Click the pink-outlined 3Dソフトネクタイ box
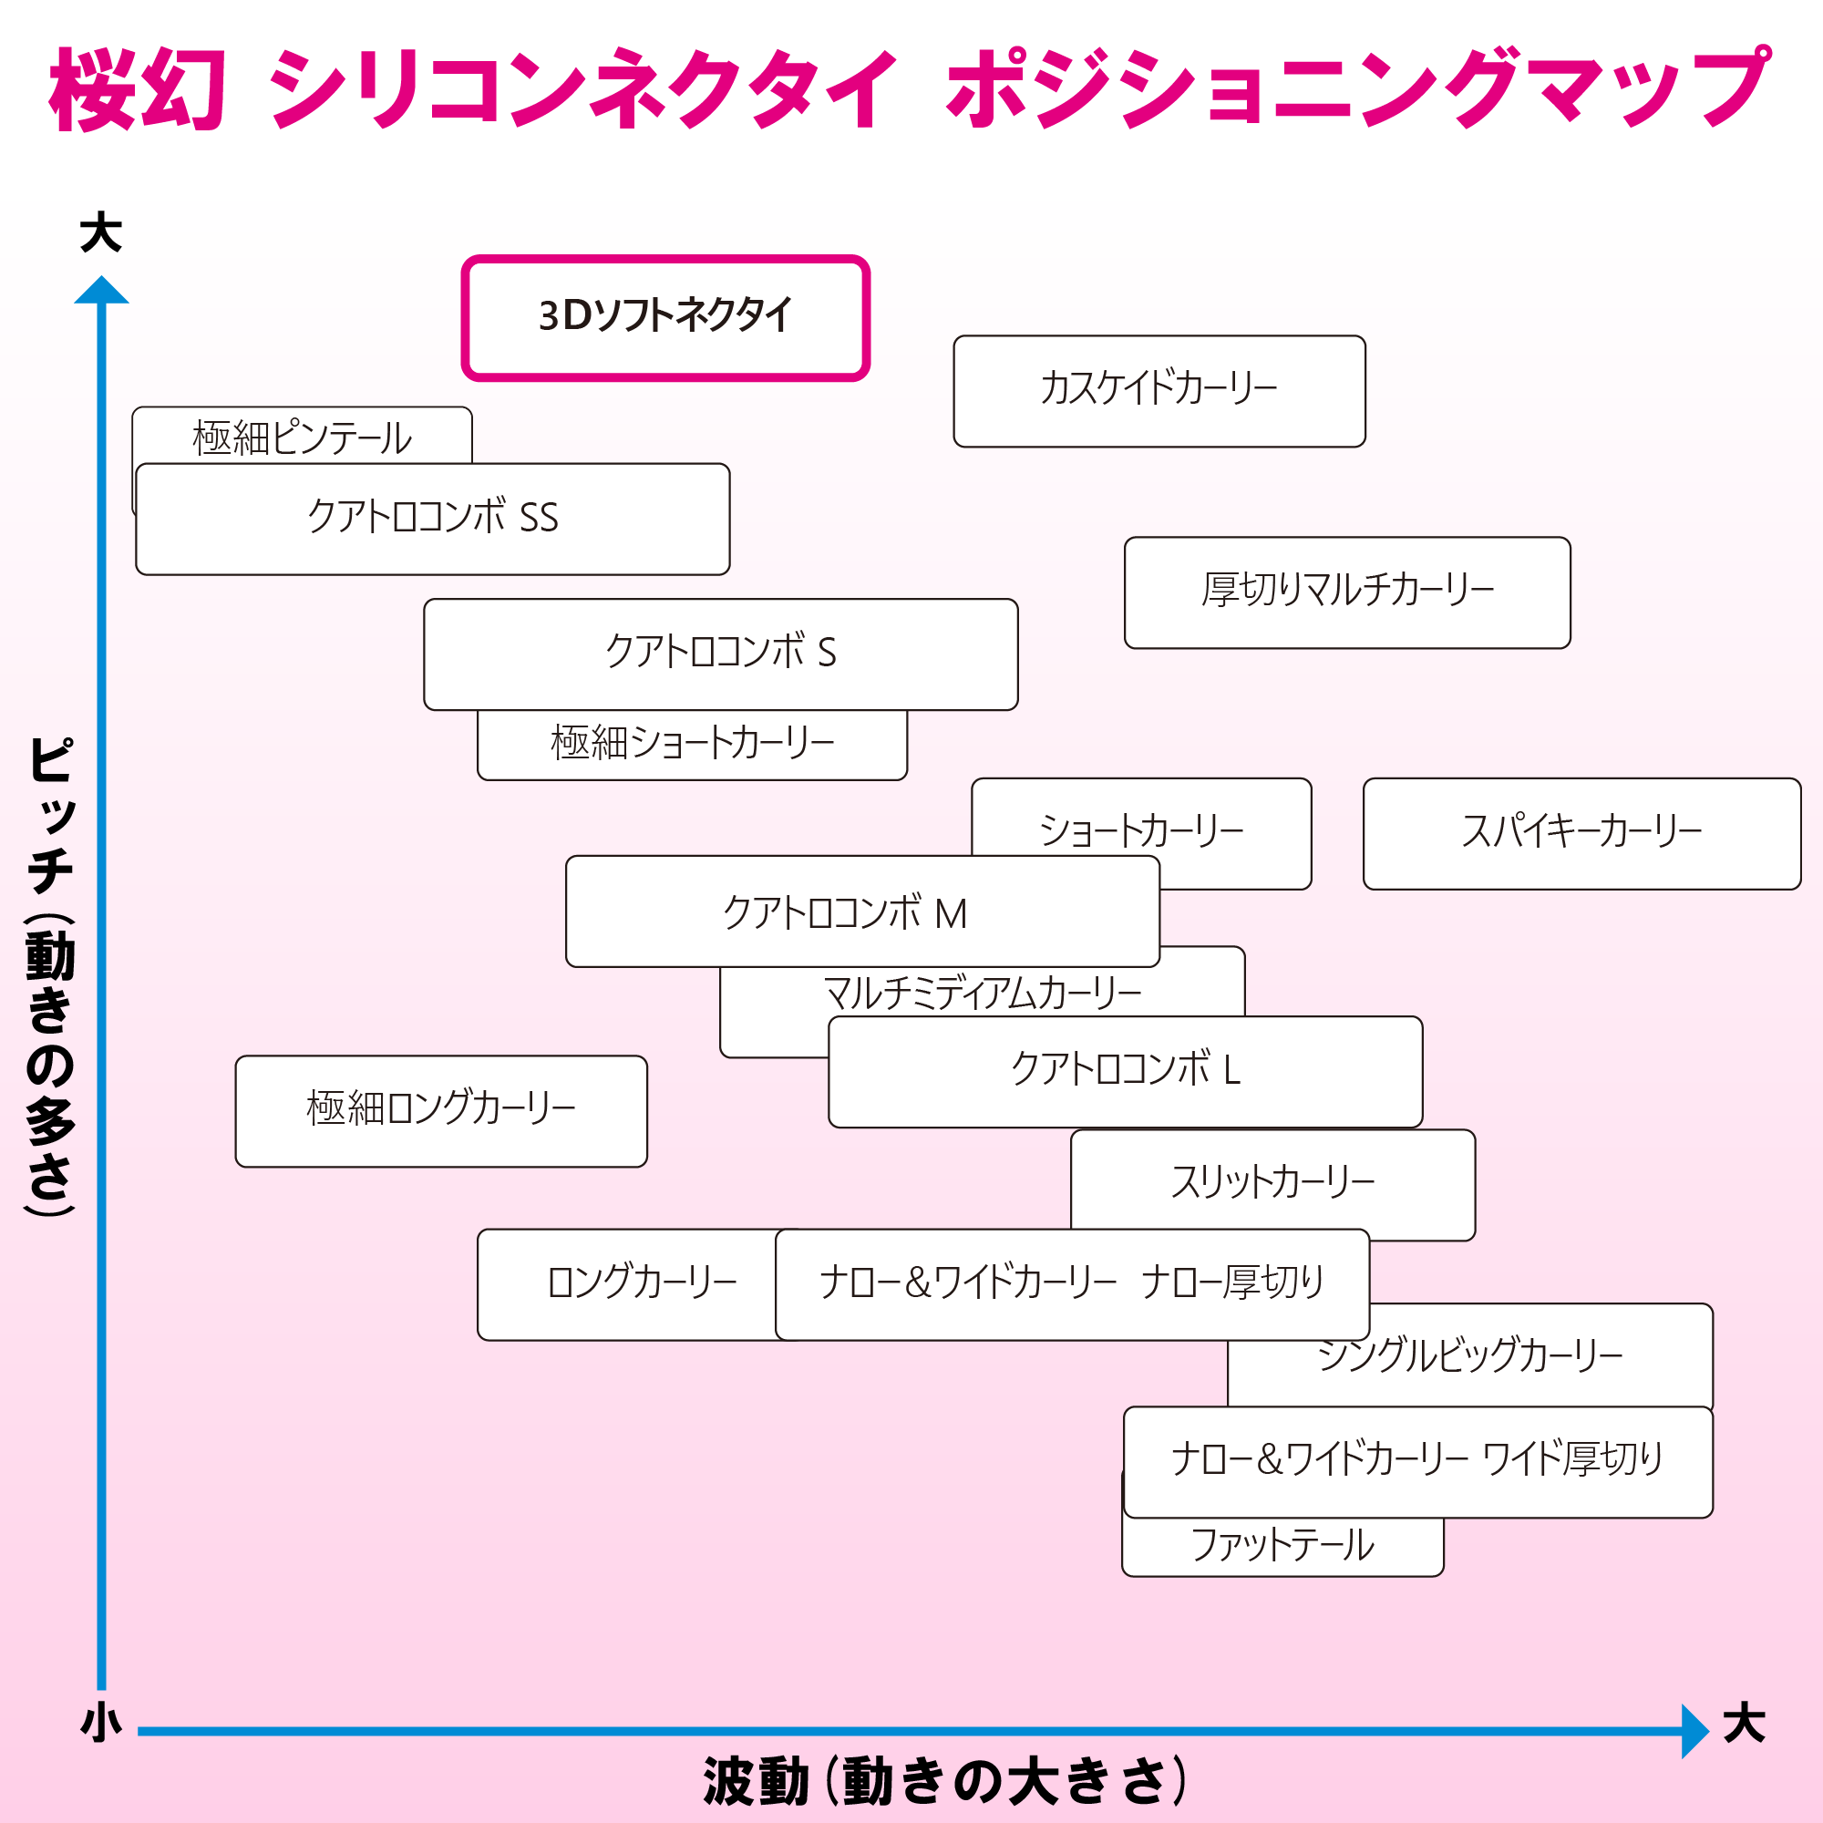(x=665, y=317)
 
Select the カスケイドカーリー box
(x=1159, y=391)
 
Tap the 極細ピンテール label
(x=302, y=438)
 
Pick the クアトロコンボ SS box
(x=432, y=519)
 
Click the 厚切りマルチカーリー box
(x=1346, y=592)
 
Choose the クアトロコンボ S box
(x=720, y=654)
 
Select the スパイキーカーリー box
(x=1581, y=833)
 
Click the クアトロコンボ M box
(x=861, y=911)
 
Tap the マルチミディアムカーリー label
(x=983, y=993)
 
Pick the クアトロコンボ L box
(x=1125, y=1071)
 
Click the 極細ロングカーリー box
(x=440, y=1110)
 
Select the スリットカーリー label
(x=1272, y=1182)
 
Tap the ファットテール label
(x=1282, y=1545)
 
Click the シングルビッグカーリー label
(x=1469, y=1356)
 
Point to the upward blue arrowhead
(x=101, y=291)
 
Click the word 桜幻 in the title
(x=138, y=89)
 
